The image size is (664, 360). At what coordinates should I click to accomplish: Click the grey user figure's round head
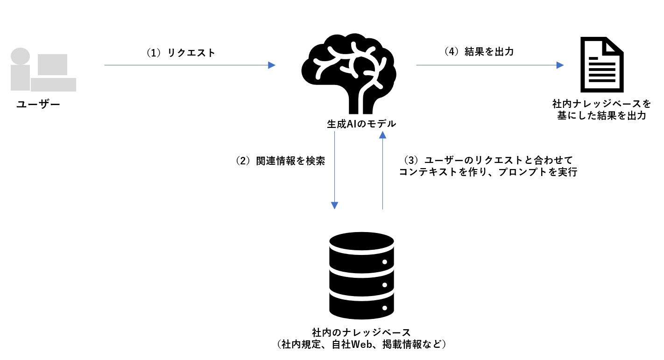click(x=20, y=56)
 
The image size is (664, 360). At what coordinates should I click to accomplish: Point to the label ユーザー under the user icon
click(x=38, y=104)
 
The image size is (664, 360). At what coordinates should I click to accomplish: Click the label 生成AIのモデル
click(x=361, y=124)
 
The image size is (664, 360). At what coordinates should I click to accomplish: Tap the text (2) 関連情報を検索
click(x=280, y=161)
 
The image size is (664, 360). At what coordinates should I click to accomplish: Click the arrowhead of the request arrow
click(x=272, y=65)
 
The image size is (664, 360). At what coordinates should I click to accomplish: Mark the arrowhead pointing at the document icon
click(x=560, y=65)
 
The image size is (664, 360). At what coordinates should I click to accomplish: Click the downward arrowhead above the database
click(x=335, y=205)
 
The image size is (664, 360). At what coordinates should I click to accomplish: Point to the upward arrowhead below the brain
click(x=383, y=135)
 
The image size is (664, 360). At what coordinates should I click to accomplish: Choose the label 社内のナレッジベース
click(x=361, y=332)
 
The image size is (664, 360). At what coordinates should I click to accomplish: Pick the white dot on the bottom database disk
click(x=385, y=309)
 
